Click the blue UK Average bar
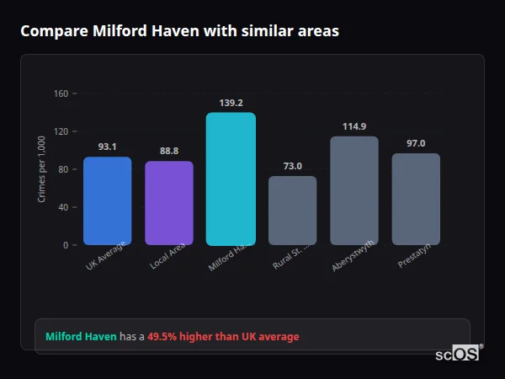click(107, 201)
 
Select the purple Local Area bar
click(169, 203)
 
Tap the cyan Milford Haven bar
click(231, 179)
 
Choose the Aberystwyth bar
click(354, 190)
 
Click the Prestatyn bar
click(416, 199)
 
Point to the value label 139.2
click(231, 103)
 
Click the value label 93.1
click(107, 147)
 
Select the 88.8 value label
click(169, 151)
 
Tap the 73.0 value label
click(292, 166)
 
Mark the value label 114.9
click(354, 126)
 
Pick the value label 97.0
click(416, 143)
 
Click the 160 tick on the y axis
click(60, 93)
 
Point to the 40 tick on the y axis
click(62, 207)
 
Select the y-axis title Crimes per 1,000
click(41, 169)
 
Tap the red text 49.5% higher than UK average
click(223, 337)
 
